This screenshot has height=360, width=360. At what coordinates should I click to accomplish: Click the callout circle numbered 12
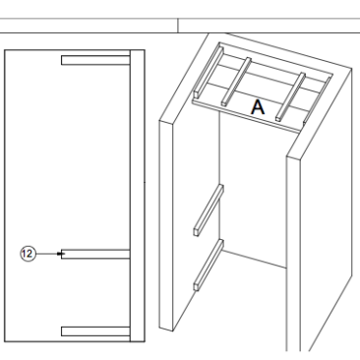coord(28,254)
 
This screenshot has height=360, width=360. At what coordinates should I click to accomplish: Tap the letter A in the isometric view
coord(258,107)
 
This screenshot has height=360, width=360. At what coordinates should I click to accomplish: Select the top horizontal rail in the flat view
coord(95,60)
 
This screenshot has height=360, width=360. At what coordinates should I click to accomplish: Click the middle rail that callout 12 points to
coord(95,254)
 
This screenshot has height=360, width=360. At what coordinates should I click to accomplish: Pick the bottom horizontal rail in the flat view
coord(95,331)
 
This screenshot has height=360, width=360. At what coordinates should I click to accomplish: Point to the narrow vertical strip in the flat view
coord(138,196)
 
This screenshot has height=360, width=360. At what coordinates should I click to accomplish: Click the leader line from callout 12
coord(47,254)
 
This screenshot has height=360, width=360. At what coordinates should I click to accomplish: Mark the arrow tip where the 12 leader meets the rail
coord(61,254)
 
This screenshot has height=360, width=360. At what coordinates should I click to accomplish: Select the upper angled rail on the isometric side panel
coord(209,210)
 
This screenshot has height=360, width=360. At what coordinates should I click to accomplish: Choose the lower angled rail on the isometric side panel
coord(209,265)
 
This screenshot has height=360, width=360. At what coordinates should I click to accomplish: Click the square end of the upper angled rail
coord(197,231)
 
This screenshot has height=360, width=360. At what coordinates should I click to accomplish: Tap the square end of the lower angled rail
coord(197,286)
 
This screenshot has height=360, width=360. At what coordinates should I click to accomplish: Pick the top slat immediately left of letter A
coord(236,82)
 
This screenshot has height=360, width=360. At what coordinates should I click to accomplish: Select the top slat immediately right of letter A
coord(291,97)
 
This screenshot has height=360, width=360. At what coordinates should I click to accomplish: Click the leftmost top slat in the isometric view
coord(209,72)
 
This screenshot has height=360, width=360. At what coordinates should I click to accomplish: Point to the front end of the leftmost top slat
coord(196,93)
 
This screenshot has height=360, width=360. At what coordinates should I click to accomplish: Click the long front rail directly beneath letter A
coord(246,117)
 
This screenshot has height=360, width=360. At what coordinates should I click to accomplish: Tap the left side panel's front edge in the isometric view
coord(166,225)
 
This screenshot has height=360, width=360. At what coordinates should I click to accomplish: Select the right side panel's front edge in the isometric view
coord(293,254)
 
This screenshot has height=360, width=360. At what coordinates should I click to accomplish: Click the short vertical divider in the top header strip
coord(178,26)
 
